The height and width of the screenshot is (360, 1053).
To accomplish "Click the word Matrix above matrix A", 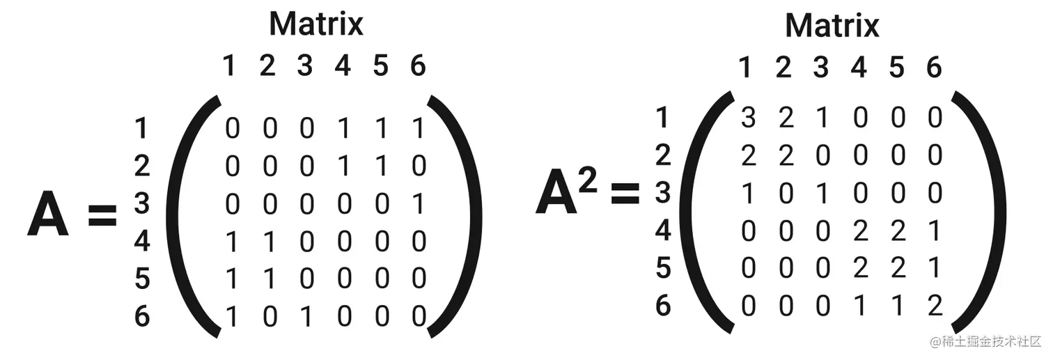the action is pos(315,24).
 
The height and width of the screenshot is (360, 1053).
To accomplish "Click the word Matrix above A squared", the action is pos(832,26).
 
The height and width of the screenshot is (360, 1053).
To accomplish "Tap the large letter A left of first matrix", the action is pos(47,215).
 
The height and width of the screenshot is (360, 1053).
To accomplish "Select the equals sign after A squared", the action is pos(625,194).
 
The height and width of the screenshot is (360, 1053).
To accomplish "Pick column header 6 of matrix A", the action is pos(417,66).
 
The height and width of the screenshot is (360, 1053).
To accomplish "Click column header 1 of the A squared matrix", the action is pos(746,68).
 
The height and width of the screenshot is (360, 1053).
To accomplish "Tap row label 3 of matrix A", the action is pos(142,204).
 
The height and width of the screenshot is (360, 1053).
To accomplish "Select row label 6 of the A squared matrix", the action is pos(663,305).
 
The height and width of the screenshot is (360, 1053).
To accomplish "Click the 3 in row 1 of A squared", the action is pos(748,118).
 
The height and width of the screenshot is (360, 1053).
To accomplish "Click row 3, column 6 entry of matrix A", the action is pos(418,204).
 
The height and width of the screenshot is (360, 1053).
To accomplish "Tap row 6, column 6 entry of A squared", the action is pos(935,305).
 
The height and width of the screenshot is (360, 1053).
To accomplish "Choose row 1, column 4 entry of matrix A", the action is pos(343,129).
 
